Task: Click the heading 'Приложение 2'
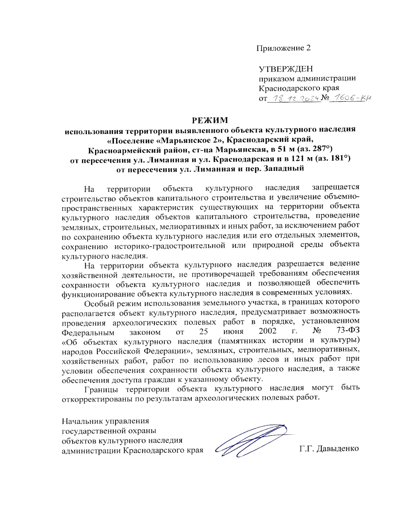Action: (283, 48)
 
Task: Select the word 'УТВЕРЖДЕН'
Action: (285, 69)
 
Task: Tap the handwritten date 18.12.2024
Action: (294, 98)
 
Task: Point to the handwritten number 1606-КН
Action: (350, 98)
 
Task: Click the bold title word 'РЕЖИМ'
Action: (210, 120)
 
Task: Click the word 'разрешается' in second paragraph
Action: (301, 264)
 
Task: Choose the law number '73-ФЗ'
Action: (348, 330)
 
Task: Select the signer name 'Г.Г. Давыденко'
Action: (329, 449)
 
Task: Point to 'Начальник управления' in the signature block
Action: (105, 421)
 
